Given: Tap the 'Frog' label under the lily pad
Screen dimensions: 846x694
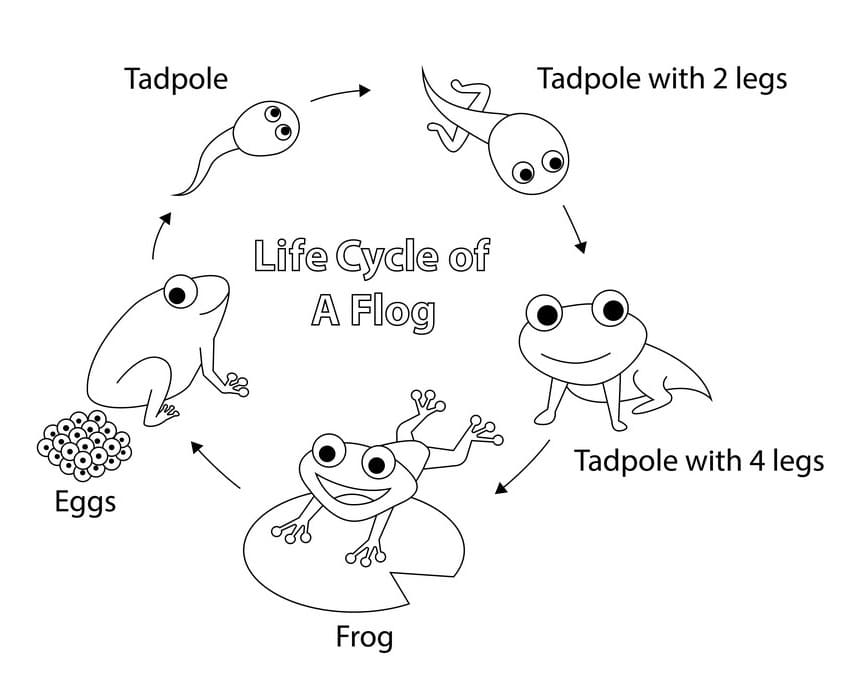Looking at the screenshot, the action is (x=364, y=637).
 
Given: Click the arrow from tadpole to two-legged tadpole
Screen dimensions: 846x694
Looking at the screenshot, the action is (x=340, y=93).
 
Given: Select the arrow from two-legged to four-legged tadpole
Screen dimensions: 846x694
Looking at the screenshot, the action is (x=575, y=229).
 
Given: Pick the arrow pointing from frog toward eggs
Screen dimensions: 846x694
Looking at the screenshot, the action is (x=214, y=463).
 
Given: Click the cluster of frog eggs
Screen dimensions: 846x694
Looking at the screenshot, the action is (x=84, y=445).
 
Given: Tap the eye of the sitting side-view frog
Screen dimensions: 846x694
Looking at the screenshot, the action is (x=180, y=292).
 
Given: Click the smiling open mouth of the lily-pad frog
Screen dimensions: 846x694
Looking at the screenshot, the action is (x=351, y=488).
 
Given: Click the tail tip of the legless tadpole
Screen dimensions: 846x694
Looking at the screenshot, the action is (x=174, y=194).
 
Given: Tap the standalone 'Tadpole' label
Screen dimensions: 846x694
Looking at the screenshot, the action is (x=176, y=79).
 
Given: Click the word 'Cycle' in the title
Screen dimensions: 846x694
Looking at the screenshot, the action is (x=387, y=257).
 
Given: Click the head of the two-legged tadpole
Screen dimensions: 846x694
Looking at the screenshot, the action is (x=528, y=154).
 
